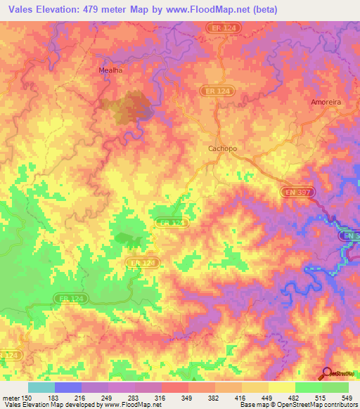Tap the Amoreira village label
coord(326,102)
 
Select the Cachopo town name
coord(224,148)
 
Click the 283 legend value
coord(135,398)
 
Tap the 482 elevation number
coord(295,398)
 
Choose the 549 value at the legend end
coord(347,398)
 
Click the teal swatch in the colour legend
coord(41,387)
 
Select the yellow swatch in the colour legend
coord(281,387)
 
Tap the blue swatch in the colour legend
coord(67,387)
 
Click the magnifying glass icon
coord(327,373)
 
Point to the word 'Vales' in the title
coord(24,10)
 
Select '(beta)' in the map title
coord(265,10)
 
